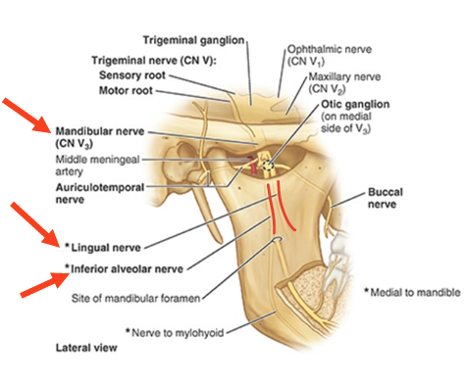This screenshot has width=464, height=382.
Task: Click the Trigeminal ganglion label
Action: pyautogui.click(x=192, y=40)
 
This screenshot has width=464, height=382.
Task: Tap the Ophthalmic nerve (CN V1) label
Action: pyautogui.click(x=319, y=54)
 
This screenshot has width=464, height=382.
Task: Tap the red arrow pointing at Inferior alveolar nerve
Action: pyautogui.click(x=43, y=285)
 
